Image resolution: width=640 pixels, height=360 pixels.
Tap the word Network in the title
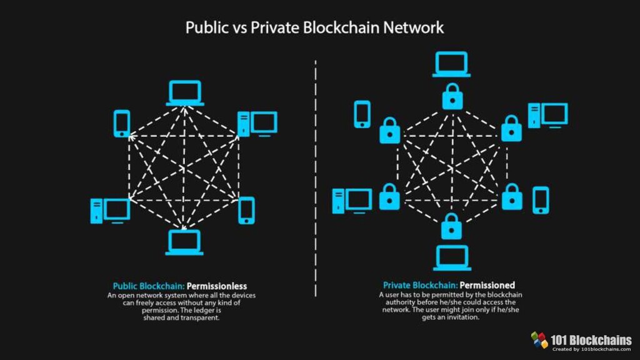(413, 28)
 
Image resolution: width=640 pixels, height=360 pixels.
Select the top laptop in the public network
(185, 92)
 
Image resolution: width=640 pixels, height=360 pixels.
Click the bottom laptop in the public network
(184, 242)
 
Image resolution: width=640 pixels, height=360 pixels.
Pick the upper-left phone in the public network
(122, 123)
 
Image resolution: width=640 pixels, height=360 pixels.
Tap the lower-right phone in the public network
(247, 210)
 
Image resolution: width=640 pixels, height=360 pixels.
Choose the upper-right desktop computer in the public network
(257, 124)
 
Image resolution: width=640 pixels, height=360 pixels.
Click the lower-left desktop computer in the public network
(110, 211)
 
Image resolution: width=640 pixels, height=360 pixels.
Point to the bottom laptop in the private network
(451, 257)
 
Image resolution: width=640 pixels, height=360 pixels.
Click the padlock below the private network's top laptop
(451, 97)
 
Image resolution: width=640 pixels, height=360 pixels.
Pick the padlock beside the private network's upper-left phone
(389, 129)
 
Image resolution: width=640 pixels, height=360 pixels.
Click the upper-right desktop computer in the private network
(547, 116)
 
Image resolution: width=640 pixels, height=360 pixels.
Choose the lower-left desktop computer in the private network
(352, 200)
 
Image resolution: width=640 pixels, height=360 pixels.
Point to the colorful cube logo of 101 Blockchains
(539, 340)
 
